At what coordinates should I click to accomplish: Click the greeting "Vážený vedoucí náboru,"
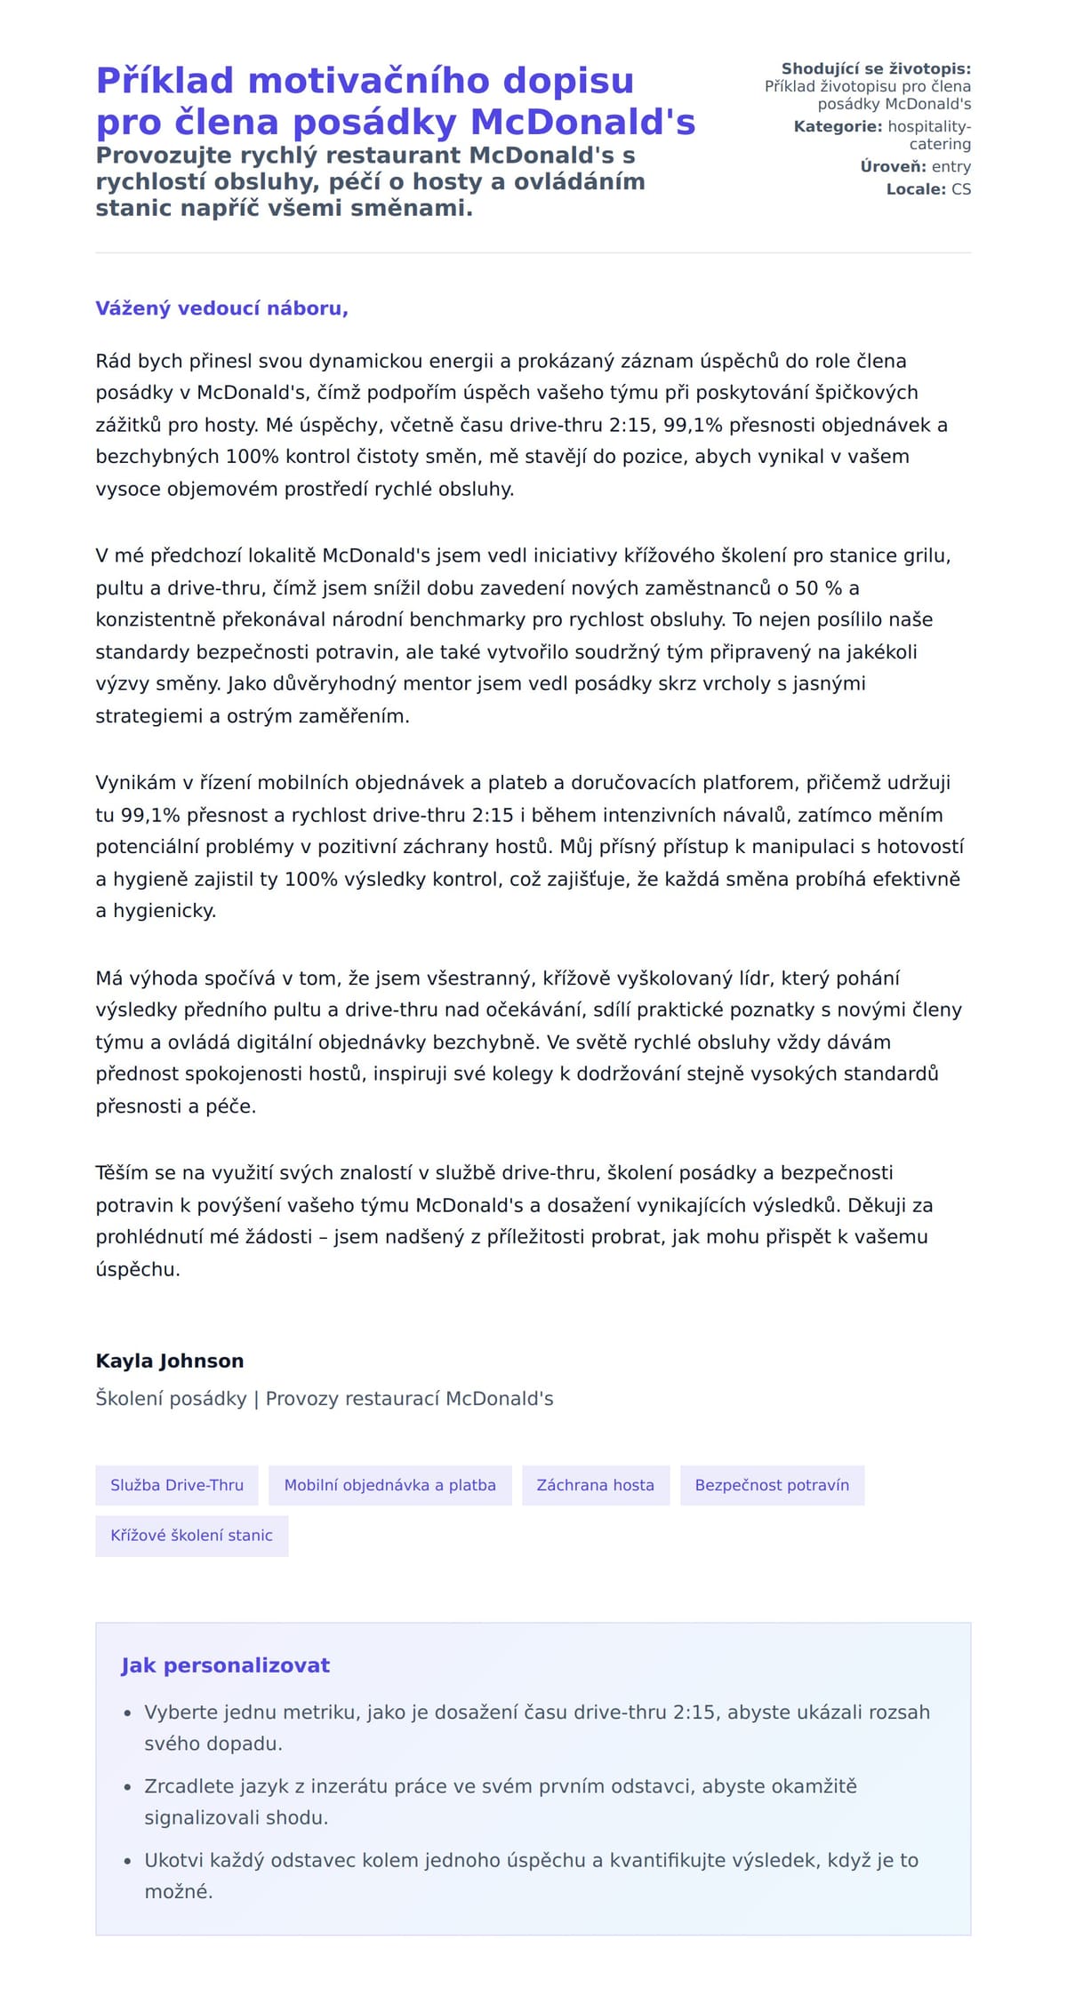coord(221,308)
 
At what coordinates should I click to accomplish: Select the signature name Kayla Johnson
coord(170,1361)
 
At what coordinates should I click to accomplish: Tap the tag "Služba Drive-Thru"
coord(177,1485)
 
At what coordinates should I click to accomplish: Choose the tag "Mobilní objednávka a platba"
coord(389,1485)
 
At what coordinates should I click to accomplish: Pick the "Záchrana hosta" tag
coord(595,1485)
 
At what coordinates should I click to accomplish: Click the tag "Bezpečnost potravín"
coord(772,1485)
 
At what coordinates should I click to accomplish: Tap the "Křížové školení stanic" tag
coord(191,1535)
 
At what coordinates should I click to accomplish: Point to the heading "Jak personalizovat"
coord(225,1665)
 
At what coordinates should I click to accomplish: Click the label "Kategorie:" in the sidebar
coord(838,126)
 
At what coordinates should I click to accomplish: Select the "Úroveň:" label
coord(893,166)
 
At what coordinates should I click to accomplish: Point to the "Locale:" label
coord(916,189)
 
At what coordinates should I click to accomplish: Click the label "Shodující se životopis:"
coord(876,68)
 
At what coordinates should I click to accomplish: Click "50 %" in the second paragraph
coord(818,588)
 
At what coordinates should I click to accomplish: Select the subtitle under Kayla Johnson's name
coord(324,1399)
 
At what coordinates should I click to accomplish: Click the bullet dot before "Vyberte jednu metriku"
coord(128,1713)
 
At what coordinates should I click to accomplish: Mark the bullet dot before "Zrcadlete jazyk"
coord(128,1786)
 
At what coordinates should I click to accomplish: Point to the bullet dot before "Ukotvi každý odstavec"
coord(128,1861)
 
